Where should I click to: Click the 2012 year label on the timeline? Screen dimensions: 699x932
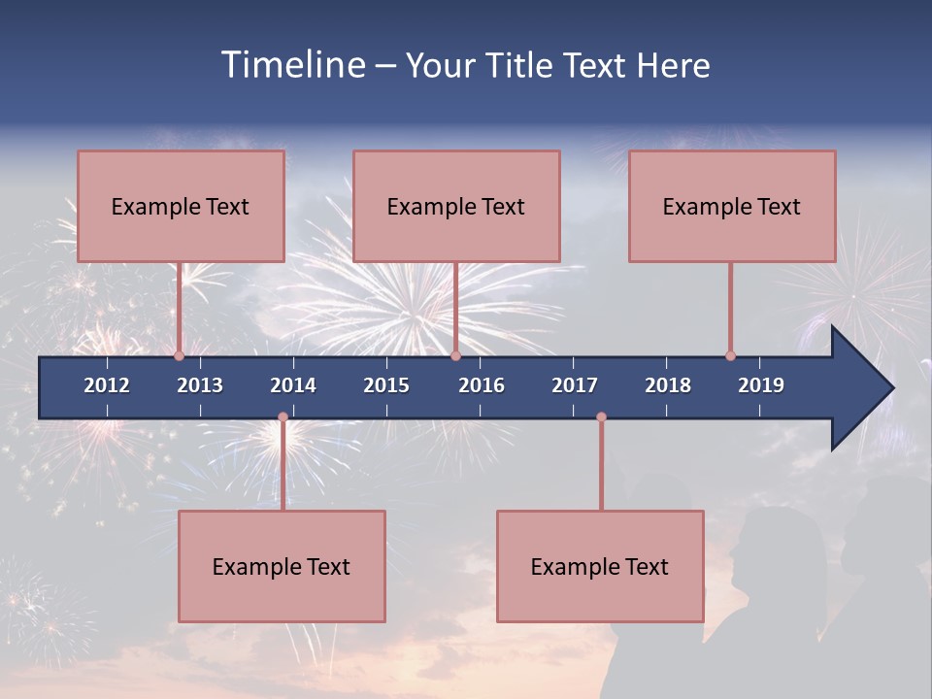[107, 385]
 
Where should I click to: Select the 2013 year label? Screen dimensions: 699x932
[200, 385]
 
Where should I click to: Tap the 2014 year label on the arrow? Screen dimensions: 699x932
[293, 385]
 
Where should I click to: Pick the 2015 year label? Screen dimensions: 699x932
[386, 385]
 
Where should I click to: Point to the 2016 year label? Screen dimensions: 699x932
[482, 385]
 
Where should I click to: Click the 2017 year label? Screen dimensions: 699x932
[575, 385]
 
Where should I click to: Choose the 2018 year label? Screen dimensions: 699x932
[668, 385]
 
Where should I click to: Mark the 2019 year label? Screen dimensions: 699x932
[761, 385]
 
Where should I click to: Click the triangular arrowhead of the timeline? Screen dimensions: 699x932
[860, 388]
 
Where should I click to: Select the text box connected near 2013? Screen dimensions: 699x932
[181, 206]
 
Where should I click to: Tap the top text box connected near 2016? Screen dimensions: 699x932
[456, 206]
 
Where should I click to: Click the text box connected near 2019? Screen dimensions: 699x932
[732, 206]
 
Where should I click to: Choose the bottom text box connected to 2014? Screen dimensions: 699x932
[282, 566]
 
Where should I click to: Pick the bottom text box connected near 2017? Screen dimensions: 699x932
[600, 566]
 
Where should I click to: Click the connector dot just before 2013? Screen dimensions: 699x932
[180, 355]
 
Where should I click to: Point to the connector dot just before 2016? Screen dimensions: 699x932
[455, 355]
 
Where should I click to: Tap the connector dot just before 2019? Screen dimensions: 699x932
[731, 355]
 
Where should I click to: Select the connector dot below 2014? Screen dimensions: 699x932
[283, 417]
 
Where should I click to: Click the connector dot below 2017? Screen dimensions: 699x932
[601, 417]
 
